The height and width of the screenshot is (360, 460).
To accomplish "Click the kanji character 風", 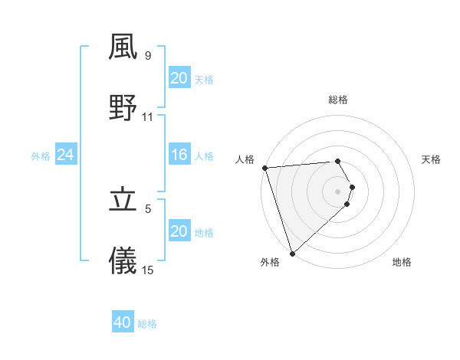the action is (123, 47).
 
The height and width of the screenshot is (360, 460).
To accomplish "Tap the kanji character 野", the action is (123, 108).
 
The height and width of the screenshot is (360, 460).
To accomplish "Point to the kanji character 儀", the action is (123, 261).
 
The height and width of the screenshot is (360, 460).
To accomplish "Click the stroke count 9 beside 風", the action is (147, 56).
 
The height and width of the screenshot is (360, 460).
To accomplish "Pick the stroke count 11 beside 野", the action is (148, 116).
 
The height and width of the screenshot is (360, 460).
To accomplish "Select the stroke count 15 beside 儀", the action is (148, 270).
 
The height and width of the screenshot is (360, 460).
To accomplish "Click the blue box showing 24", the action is (65, 155).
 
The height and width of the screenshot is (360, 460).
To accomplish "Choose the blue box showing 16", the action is (179, 155).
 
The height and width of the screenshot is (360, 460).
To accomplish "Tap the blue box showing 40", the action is (123, 322).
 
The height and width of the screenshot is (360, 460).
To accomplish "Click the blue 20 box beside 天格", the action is (179, 78).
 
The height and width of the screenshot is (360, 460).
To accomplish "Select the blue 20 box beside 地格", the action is (179, 231).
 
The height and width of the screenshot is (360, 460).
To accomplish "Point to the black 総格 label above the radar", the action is (338, 100).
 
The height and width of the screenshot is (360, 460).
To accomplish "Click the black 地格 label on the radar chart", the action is (402, 262).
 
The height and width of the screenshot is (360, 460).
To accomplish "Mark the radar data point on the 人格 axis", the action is (264, 168).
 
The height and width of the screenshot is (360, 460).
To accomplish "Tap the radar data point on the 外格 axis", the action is (292, 253).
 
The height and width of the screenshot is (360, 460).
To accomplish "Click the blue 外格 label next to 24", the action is (41, 156).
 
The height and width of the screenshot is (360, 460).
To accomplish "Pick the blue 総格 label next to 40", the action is (147, 324).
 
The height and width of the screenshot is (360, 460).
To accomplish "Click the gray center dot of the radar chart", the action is (338, 191).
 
